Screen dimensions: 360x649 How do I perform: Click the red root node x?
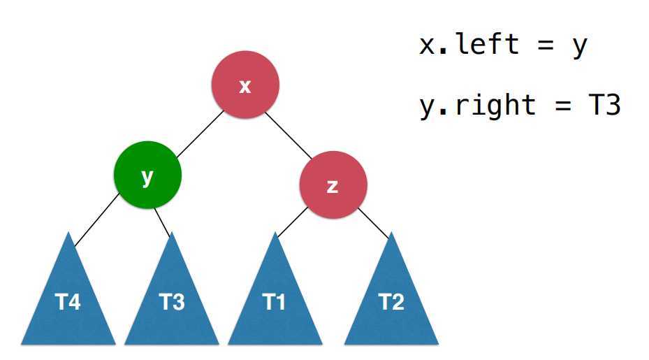(245, 85)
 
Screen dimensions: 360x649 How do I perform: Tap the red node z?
(333, 185)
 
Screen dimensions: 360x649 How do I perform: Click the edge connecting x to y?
(200, 134)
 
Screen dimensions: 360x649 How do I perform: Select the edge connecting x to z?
(288, 135)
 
